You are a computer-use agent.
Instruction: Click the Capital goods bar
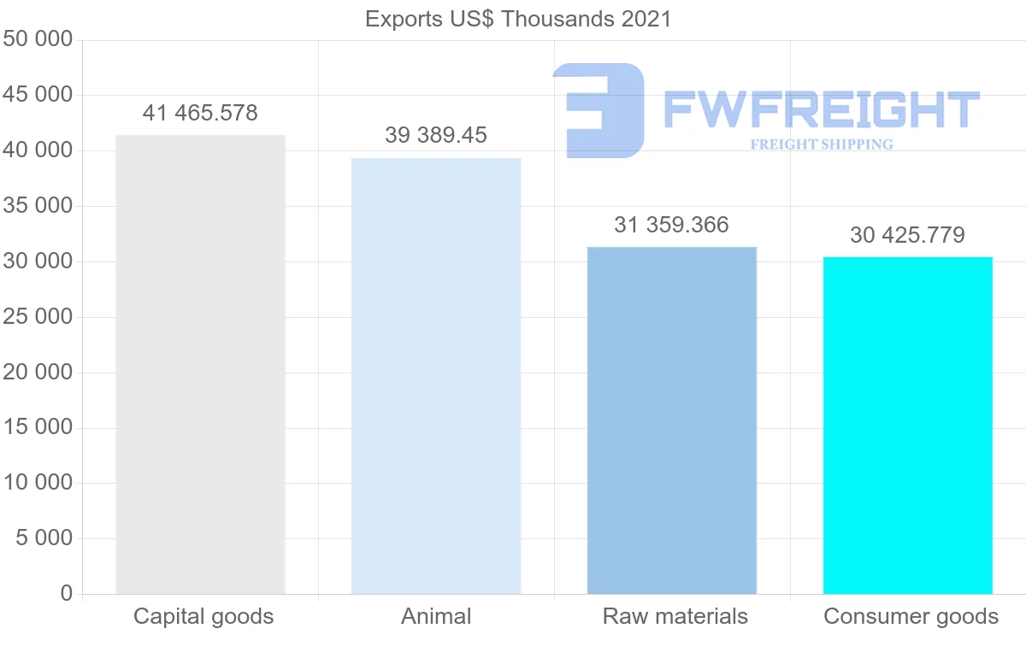pyautogui.click(x=200, y=364)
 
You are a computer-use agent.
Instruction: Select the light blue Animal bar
pyautogui.click(x=436, y=376)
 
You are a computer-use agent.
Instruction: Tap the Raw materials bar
pyautogui.click(x=672, y=420)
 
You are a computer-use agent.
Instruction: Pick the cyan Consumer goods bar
pyautogui.click(x=908, y=426)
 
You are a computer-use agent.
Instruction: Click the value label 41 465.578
pyautogui.click(x=200, y=113)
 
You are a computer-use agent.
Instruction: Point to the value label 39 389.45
pyautogui.click(x=436, y=135)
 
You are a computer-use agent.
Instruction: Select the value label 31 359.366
pyautogui.click(x=672, y=225)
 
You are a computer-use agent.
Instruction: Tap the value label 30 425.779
pyautogui.click(x=908, y=235)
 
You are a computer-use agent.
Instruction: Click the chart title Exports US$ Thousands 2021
pyautogui.click(x=518, y=19)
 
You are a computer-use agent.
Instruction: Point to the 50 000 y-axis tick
pyautogui.click(x=38, y=40)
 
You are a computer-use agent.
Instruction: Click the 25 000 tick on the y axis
pyautogui.click(x=38, y=317)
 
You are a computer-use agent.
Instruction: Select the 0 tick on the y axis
pyautogui.click(x=67, y=594)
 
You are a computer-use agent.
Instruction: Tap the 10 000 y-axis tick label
pyautogui.click(x=38, y=483)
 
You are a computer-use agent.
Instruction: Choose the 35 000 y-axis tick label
pyautogui.click(x=38, y=206)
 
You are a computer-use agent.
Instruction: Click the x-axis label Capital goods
pyautogui.click(x=203, y=616)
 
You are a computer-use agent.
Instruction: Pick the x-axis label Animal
pyautogui.click(x=436, y=616)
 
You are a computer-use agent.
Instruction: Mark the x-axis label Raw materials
pyautogui.click(x=675, y=616)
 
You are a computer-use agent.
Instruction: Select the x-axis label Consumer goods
pyautogui.click(x=911, y=616)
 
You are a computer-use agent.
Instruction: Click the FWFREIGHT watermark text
pyautogui.click(x=821, y=109)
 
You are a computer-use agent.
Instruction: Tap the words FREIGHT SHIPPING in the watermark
pyautogui.click(x=822, y=144)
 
